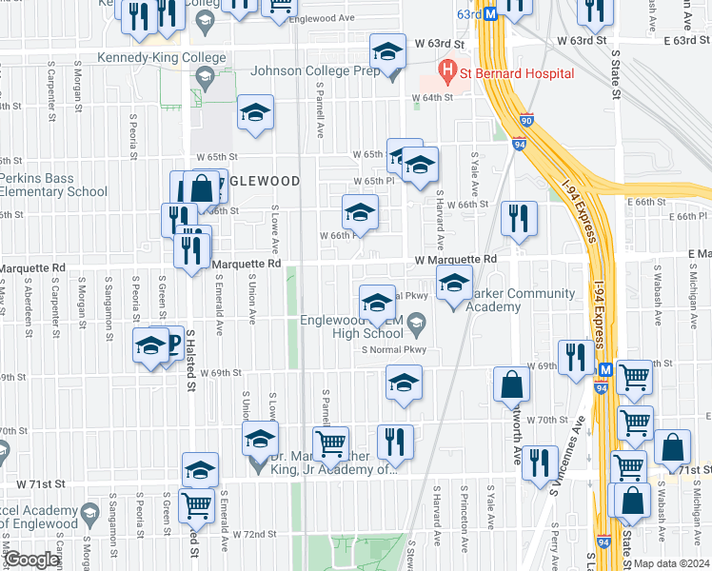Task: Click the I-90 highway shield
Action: (x=526, y=121)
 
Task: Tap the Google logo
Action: (x=31, y=560)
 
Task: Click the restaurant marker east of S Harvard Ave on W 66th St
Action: (x=519, y=218)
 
